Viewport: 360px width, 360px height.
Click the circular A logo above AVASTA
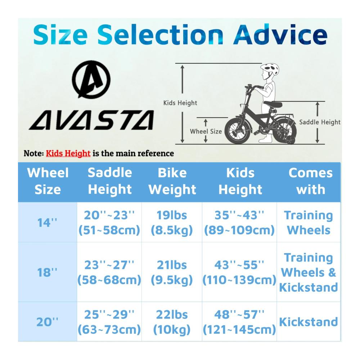point(91,80)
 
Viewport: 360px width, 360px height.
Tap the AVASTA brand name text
point(91,120)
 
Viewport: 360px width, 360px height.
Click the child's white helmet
point(270,69)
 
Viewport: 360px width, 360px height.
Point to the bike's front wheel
point(237,131)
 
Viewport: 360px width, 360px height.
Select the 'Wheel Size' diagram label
point(206,131)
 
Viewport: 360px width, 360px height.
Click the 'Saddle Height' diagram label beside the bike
point(320,122)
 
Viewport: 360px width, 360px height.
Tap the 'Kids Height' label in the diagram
point(180,103)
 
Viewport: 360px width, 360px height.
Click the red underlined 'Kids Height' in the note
point(68,153)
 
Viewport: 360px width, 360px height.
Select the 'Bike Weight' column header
point(172,181)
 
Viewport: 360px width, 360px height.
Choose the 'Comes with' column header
point(311,181)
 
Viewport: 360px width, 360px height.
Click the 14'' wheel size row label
point(47,223)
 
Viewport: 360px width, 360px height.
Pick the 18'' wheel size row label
point(47,272)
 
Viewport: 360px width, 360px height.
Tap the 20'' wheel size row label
point(47,322)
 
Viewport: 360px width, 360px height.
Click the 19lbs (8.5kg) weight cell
point(172,223)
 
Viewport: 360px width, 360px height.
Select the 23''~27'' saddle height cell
point(109,272)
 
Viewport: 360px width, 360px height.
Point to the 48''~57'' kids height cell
point(239,322)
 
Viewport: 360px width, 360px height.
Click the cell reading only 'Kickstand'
point(309,322)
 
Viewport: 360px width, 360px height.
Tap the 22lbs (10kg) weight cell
point(172,322)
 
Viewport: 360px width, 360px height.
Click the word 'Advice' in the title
point(280,35)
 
